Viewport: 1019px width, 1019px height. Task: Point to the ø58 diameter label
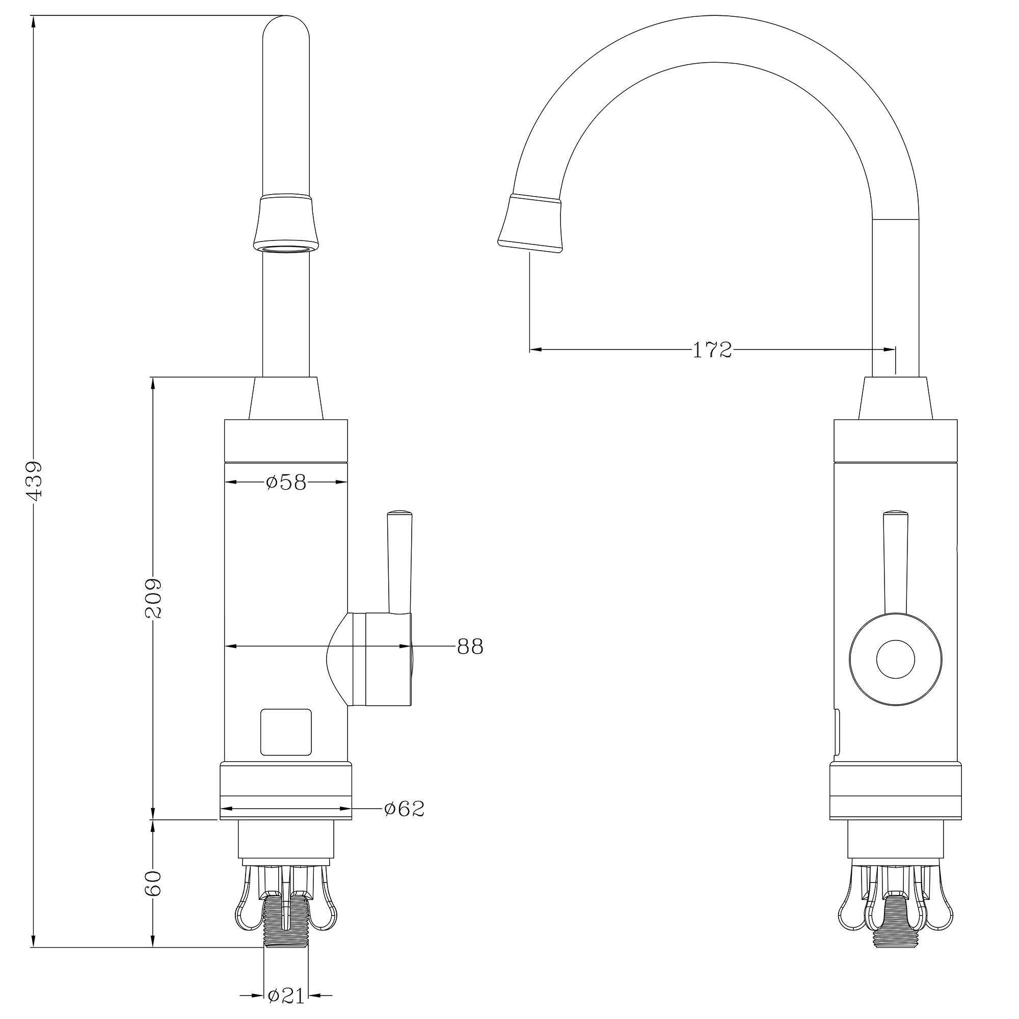tap(286, 482)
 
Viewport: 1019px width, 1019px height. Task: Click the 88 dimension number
tap(470, 646)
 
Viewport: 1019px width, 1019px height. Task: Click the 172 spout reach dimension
tap(712, 350)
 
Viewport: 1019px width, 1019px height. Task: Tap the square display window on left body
tap(286, 732)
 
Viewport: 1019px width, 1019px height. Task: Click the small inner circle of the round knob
tap(895, 659)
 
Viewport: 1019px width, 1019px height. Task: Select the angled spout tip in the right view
tap(530, 224)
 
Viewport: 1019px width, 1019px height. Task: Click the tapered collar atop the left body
tap(286, 398)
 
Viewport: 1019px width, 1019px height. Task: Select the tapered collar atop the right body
tap(896, 398)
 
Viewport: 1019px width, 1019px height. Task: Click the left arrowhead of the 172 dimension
tap(536, 349)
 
